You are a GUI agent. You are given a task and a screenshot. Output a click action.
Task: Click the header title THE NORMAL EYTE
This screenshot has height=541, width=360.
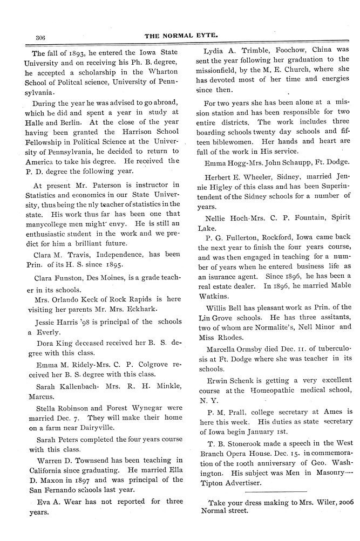[x=180, y=36]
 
